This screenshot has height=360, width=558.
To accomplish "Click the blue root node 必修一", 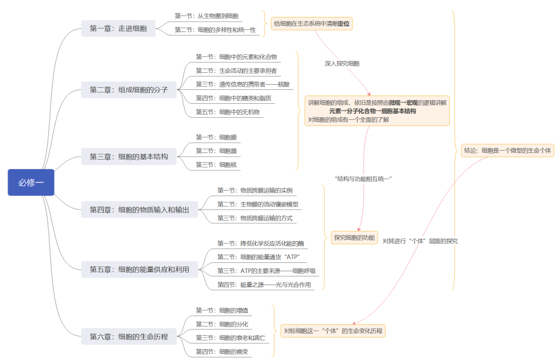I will pyautogui.click(x=31, y=182).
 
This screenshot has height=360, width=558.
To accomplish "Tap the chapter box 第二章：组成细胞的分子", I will pyautogui.click(x=129, y=89).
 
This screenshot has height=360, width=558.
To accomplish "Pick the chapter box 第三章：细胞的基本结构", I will pyautogui.click(x=129, y=156).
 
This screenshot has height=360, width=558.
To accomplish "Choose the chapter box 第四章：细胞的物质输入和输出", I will pyautogui.click(x=139, y=210).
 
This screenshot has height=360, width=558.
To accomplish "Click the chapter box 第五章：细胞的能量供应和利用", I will pyautogui.click(x=139, y=269).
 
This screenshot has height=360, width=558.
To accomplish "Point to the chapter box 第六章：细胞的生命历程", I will pyautogui.click(x=129, y=337).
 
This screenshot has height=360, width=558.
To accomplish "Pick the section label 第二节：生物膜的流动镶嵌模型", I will pyautogui.click(x=257, y=204).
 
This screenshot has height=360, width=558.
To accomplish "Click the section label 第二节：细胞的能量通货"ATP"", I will pyautogui.click(x=259, y=257).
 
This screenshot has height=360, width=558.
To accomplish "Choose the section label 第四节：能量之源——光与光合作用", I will pyautogui.click(x=264, y=285).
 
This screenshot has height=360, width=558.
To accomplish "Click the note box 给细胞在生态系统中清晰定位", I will pyautogui.click(x=312, y=23).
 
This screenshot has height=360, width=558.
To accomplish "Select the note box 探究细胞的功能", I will pyautogui.click(x=354, y=238).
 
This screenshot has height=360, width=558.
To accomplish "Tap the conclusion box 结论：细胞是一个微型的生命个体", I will pyautogui.click(x=507, y=151).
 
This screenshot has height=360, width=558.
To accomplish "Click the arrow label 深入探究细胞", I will pyautogui.click(x=342, y=64).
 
